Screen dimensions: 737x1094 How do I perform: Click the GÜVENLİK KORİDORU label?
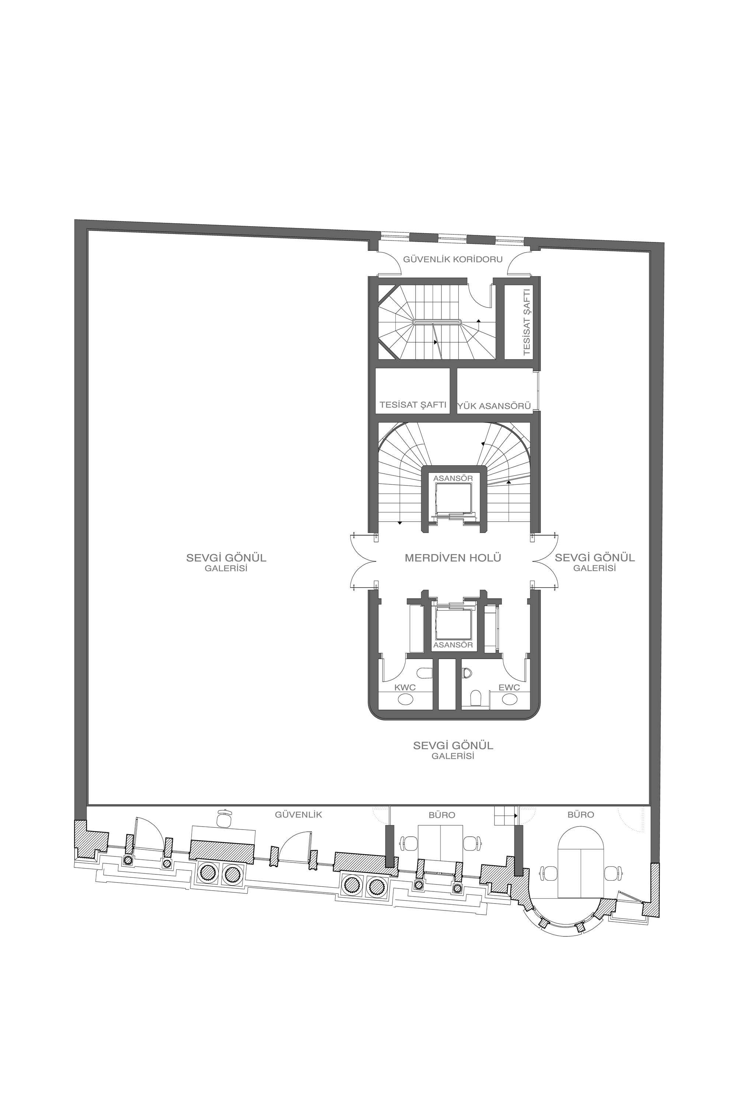(x=453, y=259)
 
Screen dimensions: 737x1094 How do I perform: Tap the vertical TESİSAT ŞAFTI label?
(x=527, y=322)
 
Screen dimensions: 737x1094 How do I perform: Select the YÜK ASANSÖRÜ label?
(x=495, y=406)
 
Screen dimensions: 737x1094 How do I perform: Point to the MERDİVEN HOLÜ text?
(x=453, y=558)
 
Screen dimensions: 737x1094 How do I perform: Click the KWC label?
(x=405, y=687)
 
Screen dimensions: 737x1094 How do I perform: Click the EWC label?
(x=509, y=687)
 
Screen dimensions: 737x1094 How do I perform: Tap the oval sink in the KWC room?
(x=405, y=699)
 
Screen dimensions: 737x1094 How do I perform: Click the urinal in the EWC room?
(x=466, y=673)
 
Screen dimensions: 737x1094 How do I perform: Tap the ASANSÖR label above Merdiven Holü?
(x=453, y=478)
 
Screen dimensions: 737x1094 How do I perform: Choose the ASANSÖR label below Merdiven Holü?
(x=453, y=645)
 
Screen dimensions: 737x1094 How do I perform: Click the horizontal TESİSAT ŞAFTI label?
(x=413, y=405)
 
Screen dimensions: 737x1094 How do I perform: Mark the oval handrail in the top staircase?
(x=437, y=322)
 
